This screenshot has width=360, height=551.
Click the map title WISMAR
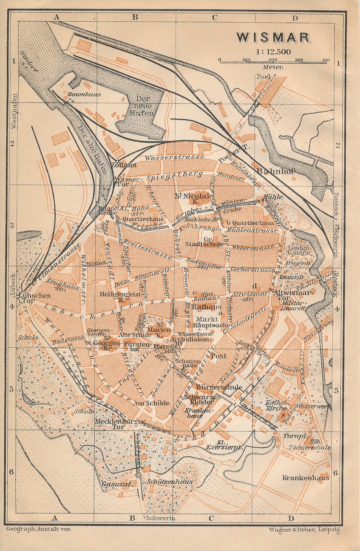point(273,37)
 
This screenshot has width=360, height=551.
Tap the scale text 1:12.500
point(273,52)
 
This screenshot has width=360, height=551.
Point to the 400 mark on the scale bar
point(326,60)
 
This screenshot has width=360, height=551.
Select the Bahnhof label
point(276,171)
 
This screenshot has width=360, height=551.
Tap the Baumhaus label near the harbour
point(84,94)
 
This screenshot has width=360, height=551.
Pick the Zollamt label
point(124,165)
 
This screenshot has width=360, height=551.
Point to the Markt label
point(207,319)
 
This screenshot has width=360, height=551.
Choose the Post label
point(218,356)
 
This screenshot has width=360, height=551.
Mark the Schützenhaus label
point(169,482)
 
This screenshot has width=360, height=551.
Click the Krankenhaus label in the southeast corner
point(306,478)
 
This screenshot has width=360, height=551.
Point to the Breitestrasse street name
point(147,248)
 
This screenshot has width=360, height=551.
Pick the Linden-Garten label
point(299,250)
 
